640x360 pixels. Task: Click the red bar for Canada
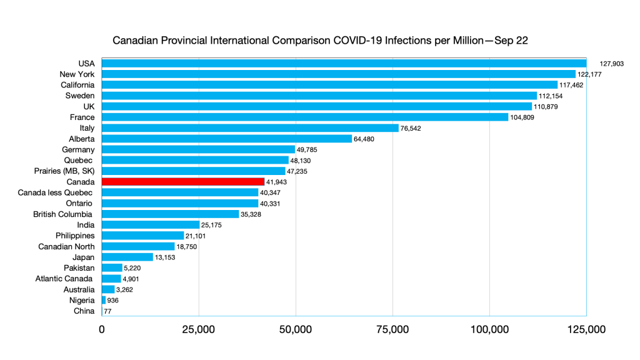[x=182, y=182]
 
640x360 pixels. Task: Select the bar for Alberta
[x=226, y=139]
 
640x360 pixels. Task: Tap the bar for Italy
[x=250, y=128]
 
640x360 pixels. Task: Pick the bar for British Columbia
[x=170, y=214]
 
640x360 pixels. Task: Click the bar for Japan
[x=127, y=257]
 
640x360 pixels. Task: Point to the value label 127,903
[x=612, y=64]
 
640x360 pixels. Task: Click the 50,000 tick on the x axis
[x=296, y=329]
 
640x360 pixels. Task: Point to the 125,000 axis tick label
[x=586, y=329]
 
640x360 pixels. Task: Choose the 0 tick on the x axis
[x=102, y=329]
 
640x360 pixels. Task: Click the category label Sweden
[x=80, y=96]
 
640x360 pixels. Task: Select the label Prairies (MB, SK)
[x=64, y=171]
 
